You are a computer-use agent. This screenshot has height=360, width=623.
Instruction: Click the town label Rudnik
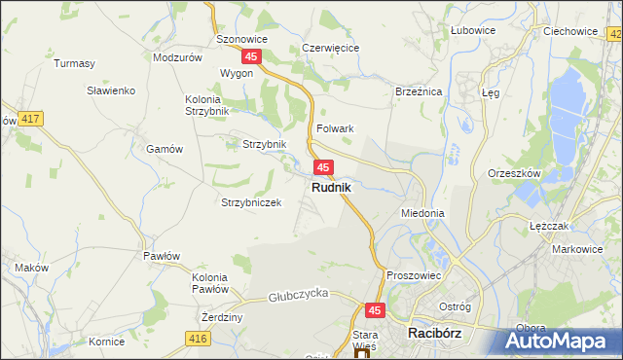click(x=332, y=187)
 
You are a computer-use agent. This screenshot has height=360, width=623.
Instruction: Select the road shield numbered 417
click(x=30, y=119)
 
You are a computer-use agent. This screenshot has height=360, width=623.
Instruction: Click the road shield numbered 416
click(x=199, y=338)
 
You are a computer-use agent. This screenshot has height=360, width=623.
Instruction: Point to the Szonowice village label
click(x=241, y=40)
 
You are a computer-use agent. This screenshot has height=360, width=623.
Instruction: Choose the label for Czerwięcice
click(x=331, y=48)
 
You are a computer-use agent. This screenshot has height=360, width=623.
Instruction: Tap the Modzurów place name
click(x=177, y=57)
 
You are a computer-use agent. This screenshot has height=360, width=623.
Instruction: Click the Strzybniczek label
click(x=251, y=202)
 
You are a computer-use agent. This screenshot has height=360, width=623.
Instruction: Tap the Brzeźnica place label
click(x=420, y=90)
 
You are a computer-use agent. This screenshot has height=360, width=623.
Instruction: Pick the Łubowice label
click(x=473, y=30)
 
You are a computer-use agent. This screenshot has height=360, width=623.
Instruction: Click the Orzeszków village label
click(x=513, y=173)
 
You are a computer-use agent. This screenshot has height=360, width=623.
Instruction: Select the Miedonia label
click(x=422, y=212)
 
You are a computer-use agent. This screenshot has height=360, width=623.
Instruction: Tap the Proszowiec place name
click(x=415, y=275)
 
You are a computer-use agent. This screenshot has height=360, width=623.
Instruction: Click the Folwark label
click(x=334, y=128)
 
